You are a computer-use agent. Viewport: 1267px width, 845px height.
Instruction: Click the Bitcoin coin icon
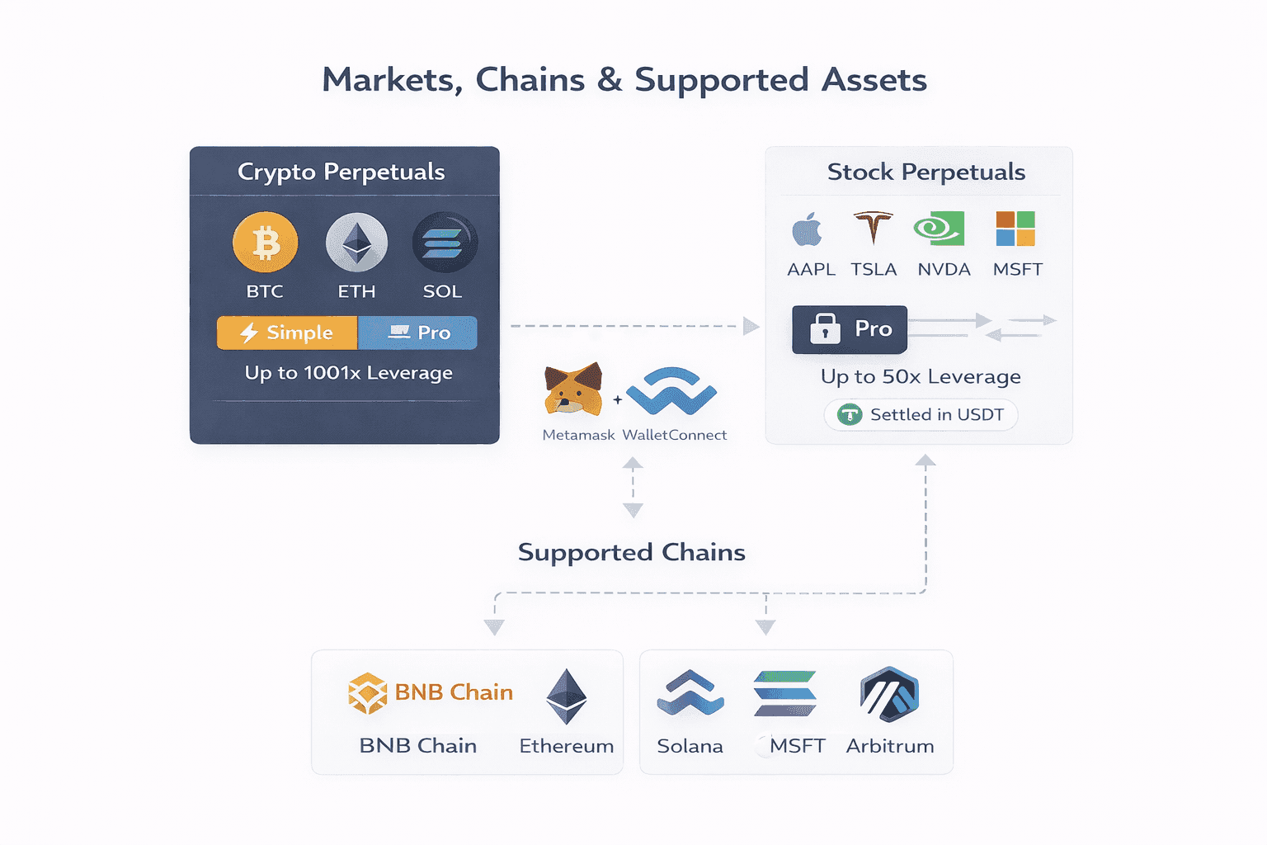[x=265, y=243]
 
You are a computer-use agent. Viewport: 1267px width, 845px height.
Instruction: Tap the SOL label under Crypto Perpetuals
[x=442, y=291]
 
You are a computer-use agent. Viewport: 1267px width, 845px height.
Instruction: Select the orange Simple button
[x=287, y=333]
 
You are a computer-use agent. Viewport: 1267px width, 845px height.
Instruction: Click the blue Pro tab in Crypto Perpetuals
[x=418, y=333]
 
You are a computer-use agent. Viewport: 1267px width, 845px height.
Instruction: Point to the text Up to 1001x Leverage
[x=348, y=373]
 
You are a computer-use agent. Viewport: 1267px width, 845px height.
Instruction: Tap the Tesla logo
[x=873, y=229]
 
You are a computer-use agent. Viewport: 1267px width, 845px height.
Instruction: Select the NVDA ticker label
[x=944, y=269]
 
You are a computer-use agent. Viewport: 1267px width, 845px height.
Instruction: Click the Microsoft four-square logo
[x=1015, y=229]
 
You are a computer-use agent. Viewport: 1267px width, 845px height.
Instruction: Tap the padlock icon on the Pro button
[x=825, y=328]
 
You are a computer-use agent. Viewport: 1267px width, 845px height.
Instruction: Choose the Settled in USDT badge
[x=921, y=414]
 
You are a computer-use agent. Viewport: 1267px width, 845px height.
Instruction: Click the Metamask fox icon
[x=572, y=389]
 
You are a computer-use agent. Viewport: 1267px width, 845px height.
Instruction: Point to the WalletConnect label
[x=674, y=435]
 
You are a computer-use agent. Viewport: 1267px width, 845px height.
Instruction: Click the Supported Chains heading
[x=631, y=552]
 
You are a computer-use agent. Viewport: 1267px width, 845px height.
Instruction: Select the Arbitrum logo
[x=889, y=695]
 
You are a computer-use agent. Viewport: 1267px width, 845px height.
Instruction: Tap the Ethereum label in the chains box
[x=566, y=746]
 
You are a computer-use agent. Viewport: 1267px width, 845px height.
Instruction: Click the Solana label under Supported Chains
[x=690, y=746]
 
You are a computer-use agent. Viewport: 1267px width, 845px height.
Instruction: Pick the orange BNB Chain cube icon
[x=368, y=692]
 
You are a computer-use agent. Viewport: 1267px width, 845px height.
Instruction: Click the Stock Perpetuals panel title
[x=926, y=172]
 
